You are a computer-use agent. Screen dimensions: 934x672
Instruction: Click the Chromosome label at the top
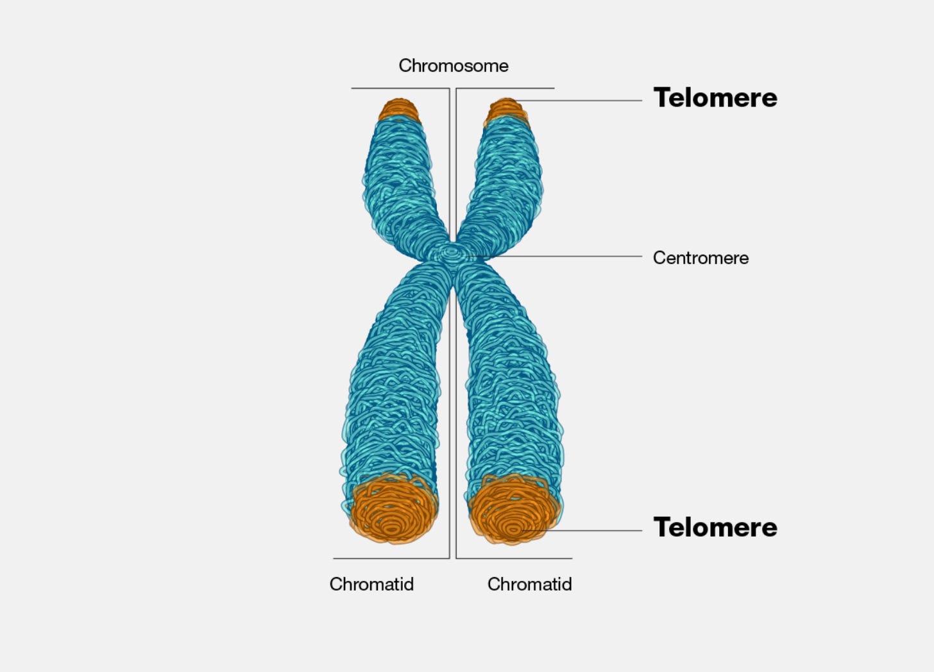click(x=454, y=65)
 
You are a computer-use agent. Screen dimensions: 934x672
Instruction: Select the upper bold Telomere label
click(x=715, y=98)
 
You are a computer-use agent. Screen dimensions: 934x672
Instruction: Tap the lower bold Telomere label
click(x=715, y=528)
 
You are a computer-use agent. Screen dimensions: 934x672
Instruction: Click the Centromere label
click(x=701, y=258)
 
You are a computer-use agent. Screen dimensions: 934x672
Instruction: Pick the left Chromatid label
click(x=371, y=584)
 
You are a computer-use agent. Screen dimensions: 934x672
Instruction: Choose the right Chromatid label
click(x=529, y=584)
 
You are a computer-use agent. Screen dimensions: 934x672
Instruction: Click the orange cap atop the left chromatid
click(x=398, y=110)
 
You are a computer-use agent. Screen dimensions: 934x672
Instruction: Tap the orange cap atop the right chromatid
click(x=506, y=111)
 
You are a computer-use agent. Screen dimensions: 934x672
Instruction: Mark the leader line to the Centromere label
click(x=565, y=256)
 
